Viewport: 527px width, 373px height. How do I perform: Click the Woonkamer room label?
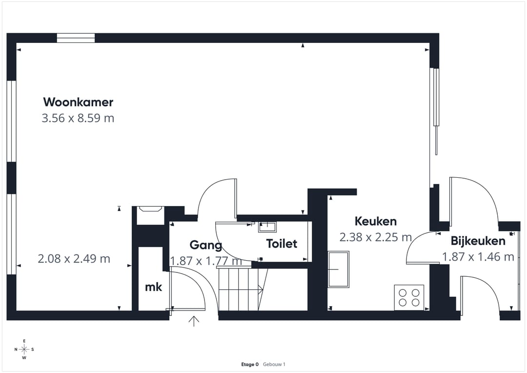pyautogui.click(x=78, y=102)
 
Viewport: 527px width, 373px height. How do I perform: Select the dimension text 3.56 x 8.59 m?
pyautogui.click(x=78, y=118)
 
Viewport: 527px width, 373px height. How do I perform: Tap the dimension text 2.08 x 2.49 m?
pyautogui.click(x=74, y=259)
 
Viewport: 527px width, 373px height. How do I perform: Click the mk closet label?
pyautogui.click(x=153, y=287)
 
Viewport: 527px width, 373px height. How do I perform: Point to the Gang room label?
pyautogui.click(x=205, y=245)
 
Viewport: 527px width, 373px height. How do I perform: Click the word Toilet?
pyautogui.click(x=282, y=243)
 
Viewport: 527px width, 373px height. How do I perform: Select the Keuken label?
pyautogui.click(x=375, y=221)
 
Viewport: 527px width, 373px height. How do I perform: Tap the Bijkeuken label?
pyautogui.click(x=478, y=241)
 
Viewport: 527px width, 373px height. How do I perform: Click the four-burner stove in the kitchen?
pyautogui.click(x=409, y=297)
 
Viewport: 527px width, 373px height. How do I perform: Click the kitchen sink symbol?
pyautogui.click(x=338, y=269)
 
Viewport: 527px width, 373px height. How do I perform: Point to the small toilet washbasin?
pyautogui.click(x=267, y=227)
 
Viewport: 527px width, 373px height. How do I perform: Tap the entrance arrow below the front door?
pyautogui.click(x=194, y=321)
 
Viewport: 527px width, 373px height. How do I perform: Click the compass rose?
pyautogui.click(x=24, y=349)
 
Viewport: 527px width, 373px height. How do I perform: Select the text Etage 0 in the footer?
pyautogui.click(x=250, y=364)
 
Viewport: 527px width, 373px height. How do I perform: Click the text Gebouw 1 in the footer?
pyautogui.click(x=274, y=364)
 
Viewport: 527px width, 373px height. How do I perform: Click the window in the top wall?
pyautogui.click(x=76, y=38)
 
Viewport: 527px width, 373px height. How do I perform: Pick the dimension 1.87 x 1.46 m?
pyautogui.click(x=478, y=257)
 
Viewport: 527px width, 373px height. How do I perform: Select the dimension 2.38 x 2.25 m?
pyautogui.click(x=375, y=237)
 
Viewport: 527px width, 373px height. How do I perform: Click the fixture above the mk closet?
pyautogui.click(x=150, y=215)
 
